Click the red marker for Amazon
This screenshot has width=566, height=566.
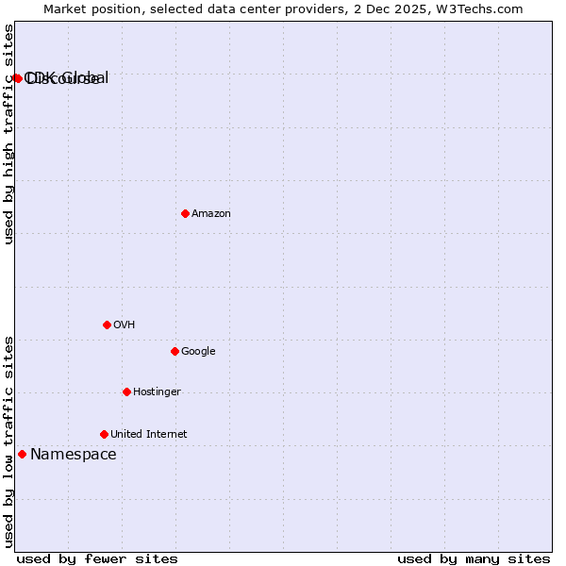click(185, 213)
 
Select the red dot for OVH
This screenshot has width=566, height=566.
click(107, 325)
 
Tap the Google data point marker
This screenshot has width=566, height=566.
click(175, 351)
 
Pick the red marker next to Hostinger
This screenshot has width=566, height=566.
click(126, 391)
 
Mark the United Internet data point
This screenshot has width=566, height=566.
click(104, 434)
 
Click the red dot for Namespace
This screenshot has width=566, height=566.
click(22, 454)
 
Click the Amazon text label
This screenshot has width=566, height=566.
click(211, 213)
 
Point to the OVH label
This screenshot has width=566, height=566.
click(124, 325)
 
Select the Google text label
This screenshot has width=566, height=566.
click(198, 351)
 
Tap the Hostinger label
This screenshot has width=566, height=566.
click(157, 391)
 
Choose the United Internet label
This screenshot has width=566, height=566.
click(148, 434)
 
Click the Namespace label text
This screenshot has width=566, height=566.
click(74, 454)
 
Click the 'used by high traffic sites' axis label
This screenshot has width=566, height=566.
click(8, 135)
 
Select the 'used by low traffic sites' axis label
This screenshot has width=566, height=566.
click(8, 441)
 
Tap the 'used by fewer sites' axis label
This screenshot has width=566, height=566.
click(97, 558)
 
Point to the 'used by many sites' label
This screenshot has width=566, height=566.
click(474, 558)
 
